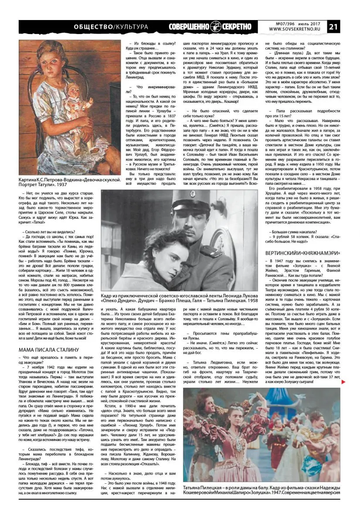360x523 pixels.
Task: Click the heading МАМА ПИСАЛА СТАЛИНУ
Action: [49, 350]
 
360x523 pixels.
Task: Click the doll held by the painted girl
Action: [78, 113]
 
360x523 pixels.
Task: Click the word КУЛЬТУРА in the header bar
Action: [130, 27]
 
